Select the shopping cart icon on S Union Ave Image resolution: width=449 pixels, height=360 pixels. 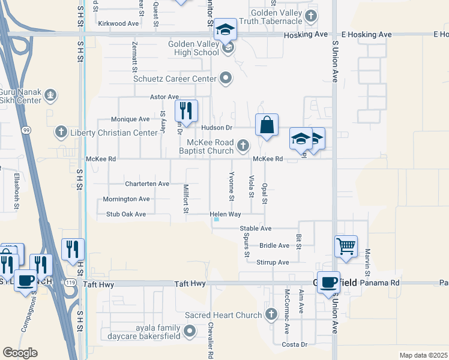[346, 246]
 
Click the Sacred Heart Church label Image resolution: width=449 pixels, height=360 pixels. [223, 315]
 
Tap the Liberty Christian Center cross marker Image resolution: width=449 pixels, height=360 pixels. [60, 132]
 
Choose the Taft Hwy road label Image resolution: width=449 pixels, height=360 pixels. [190, 283]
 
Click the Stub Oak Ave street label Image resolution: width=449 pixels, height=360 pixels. [126, 214]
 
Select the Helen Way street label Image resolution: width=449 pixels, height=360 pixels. [225, 214]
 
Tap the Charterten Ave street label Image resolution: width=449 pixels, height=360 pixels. [147, 184]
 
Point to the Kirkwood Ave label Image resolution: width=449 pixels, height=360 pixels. [118, 23]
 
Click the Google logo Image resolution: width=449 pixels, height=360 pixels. [20, 353]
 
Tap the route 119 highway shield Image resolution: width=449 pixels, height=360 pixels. [70, 282]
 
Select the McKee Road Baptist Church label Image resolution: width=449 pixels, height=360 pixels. [209, 146]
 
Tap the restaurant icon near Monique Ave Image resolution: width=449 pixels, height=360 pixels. [186, 110]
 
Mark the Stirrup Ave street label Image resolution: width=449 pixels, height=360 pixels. [273, 262]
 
